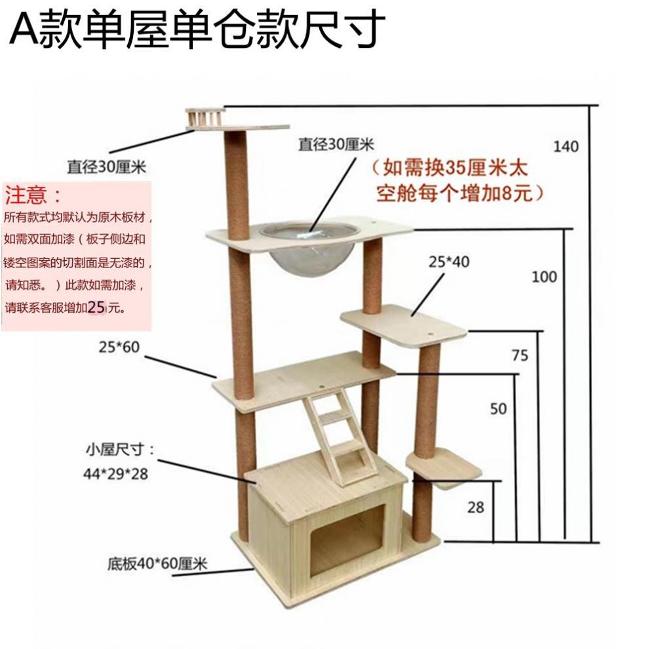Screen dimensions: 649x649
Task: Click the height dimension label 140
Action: coord(566,146)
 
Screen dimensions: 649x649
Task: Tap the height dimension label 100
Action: coord(544,277)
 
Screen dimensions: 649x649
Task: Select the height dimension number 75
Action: coord(520,355)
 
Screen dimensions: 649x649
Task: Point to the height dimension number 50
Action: coord(498,408)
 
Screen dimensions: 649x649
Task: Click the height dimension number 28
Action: coord(477,507)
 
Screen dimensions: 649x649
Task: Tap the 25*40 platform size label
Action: coord(449,262)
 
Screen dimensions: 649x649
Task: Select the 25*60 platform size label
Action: coord(120,347)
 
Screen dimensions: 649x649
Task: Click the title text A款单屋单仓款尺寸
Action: coord(194,29)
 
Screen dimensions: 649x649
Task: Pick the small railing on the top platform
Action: coord(205,119)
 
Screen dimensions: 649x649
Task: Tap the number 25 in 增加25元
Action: coord(96,307)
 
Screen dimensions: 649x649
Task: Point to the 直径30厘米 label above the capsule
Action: coord(335,144)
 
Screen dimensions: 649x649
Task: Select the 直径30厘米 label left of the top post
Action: coord(105,167)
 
